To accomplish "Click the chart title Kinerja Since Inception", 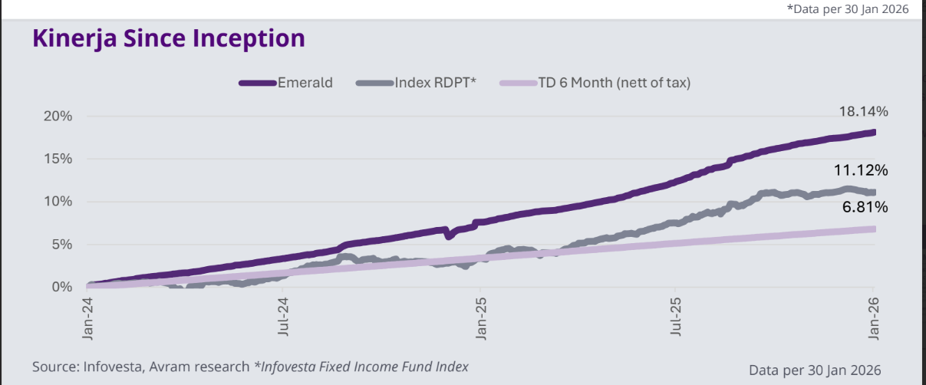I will point(169,38).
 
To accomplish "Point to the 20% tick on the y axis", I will point(58,117).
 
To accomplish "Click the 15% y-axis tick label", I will point(58,159).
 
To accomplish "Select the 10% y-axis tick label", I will point(58,202).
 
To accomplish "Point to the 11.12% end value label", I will point(862,169).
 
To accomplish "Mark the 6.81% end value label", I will point(865,207).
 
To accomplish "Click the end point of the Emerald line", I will point(873,133).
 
